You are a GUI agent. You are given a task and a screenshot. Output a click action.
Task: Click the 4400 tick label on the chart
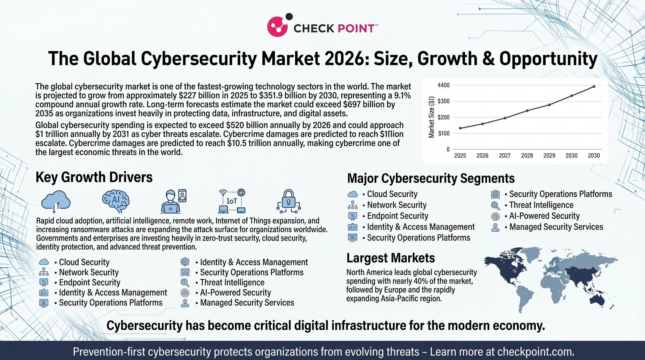[444, 85]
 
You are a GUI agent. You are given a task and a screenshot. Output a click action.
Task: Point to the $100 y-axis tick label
[444, 133]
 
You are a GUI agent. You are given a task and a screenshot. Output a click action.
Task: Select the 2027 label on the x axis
[504, 156]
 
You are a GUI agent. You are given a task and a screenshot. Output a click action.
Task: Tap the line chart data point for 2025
[460, 128]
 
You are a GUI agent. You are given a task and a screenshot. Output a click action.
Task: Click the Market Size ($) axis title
[431, 117]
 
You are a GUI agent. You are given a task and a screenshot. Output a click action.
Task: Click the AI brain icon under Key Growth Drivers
[116, 201]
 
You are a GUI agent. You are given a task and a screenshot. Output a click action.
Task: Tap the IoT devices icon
[232, 201]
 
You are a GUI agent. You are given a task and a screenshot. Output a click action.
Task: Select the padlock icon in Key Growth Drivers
[288, 201]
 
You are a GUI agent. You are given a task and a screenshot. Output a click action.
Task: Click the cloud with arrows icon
[56, 201]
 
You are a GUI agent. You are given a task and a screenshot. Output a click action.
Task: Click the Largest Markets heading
[390, 258]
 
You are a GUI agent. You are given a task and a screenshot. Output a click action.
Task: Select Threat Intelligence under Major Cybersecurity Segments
[541, 205]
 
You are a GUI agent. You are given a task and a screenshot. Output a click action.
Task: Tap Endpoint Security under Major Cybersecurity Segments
[397, 216]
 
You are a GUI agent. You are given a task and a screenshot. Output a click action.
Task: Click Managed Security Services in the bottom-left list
[247, 302]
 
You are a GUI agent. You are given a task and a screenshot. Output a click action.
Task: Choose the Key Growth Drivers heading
[94, 177]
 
